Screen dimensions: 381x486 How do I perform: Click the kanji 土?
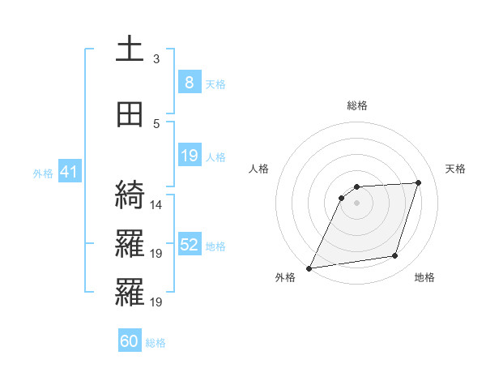(130, 49)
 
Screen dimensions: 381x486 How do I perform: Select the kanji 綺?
(130, 195)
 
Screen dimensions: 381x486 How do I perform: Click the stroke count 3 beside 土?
(156, 59)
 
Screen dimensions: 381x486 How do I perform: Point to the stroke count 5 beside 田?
(156, 124)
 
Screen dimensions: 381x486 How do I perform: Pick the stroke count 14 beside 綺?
(156, 205)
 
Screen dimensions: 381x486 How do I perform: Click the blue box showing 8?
(189, 83)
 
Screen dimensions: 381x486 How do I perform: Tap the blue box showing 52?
(189, 245)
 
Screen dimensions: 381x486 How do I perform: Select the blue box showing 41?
(69, 172)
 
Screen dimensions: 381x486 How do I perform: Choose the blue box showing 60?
(130, 341)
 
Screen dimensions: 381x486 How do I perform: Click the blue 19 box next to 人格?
(189, 156)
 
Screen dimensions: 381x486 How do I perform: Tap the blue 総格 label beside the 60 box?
(156, 343)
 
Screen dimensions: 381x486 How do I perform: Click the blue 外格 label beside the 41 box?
(43, 173)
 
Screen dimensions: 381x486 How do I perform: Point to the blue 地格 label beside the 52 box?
(215, 246)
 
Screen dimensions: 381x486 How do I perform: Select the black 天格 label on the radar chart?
(455, 169)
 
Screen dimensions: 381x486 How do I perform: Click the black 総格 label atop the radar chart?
(356, 105)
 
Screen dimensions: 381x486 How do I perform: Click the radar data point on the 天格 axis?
(419, 182)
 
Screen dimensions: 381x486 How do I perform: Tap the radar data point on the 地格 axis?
(395, 256)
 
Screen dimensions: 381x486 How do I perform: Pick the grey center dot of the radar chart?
(356, 203)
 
